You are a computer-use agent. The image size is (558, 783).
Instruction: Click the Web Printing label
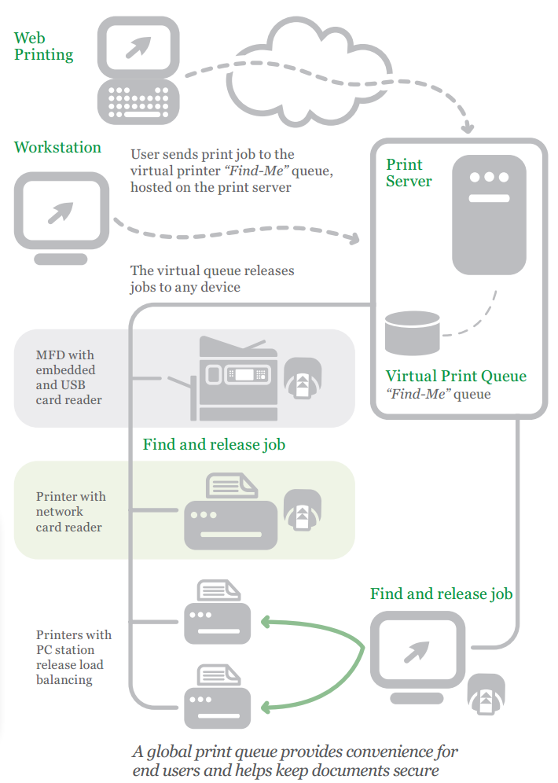point(43,46)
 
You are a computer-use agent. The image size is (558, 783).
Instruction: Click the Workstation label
point(57,147)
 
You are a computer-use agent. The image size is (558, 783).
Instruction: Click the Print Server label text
point(409,173)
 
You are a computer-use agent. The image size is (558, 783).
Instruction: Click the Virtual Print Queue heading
point(456,376)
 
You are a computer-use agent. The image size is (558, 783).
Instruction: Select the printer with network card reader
point(230,513)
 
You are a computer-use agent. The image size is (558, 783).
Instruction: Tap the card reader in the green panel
point(301,510)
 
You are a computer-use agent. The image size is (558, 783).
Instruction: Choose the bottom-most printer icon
point(217,697)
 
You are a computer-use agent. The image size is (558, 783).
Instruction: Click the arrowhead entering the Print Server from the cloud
point(469,127)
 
